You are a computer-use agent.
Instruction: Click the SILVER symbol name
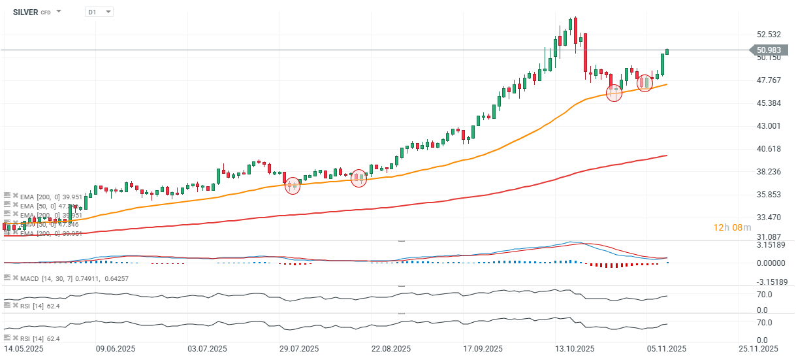(26, 12)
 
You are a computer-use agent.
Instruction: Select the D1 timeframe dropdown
(99, 12)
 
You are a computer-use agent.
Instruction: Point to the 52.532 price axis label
(769, 35)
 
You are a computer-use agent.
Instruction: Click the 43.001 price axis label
(769, 125)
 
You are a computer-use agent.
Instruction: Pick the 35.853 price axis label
(769, 195)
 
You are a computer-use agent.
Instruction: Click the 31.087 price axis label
(769, 237)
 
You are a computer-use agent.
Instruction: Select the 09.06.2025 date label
(116, 349)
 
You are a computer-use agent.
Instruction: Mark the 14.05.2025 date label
(25, 349)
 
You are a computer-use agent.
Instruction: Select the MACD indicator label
(30, 279)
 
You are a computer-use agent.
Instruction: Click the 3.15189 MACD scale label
(772, 245)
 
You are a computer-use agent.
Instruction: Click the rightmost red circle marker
(645, 83)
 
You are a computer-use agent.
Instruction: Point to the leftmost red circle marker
(292, 186)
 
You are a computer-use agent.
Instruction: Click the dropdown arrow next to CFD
(59, 12)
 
